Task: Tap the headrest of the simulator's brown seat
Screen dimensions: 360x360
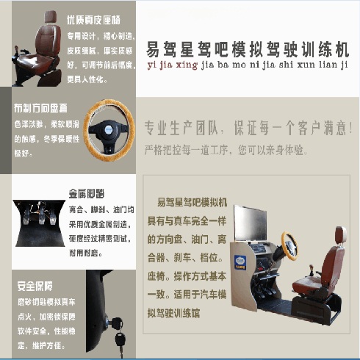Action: click(x=339, y=237)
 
